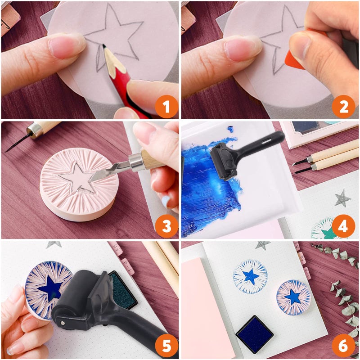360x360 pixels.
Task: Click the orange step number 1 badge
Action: (x=166, y=107)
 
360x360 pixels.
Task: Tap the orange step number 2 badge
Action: (x=343, y=107)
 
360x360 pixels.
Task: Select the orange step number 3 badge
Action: (x=166, y=226)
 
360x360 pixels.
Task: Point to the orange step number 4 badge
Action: (x=343, y=226)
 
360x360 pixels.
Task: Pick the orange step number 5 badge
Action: (x=166, y=346)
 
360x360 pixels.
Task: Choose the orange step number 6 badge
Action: (x=343, y=346)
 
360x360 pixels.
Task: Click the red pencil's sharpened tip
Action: (x=104, y=45)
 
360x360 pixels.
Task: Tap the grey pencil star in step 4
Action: (x=342, y=198)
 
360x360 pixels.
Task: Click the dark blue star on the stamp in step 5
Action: (x=51, y=288)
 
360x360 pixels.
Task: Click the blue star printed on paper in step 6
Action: (x=251, y=276)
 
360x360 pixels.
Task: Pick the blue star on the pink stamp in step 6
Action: (x=293, y=297)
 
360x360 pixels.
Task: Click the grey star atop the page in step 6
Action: (x=262, y=245)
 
